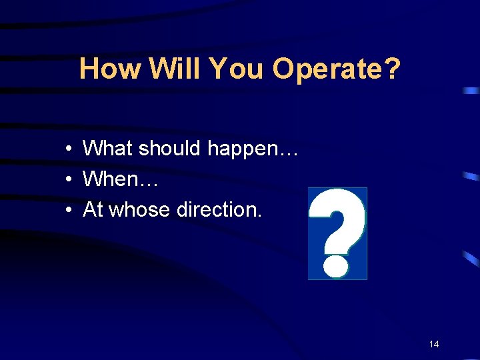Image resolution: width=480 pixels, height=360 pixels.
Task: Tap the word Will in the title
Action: coord(174,69)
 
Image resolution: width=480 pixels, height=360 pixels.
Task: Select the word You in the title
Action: coord(237,69)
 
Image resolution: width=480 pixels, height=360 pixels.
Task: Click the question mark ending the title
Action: coord(393,69)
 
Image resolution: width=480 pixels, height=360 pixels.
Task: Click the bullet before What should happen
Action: coord(69,149)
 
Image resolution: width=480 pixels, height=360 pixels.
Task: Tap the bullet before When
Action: coord(69,179)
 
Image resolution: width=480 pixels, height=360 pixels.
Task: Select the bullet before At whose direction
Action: coord(69,211)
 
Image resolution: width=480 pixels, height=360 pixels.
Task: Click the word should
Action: coord(167,148)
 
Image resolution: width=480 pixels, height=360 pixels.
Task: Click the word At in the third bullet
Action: coord(93,210)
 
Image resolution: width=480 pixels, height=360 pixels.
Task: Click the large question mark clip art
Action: coord(337,233)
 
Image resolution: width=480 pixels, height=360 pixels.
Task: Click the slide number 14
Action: coord(434,344)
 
